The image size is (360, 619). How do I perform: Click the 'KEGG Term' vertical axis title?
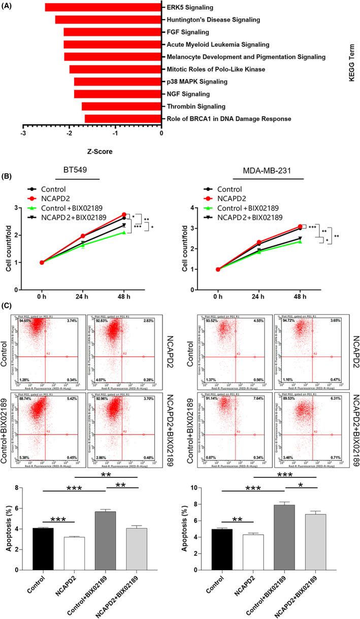click(x=351, y=62)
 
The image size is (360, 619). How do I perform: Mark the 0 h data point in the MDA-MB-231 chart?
click(x=218, y=269)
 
